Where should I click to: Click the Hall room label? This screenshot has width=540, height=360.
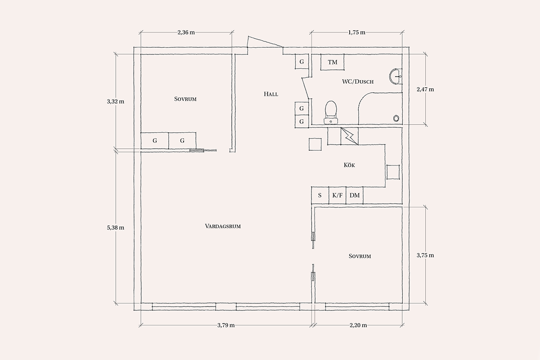[x=271, y=94]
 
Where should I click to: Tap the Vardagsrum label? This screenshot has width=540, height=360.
[x=223, y=226]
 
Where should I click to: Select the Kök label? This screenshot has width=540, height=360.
[x=349, y=165]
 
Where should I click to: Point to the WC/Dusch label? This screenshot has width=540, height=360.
[x=358, y=81]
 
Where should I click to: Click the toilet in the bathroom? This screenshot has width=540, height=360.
[x=331, y=112]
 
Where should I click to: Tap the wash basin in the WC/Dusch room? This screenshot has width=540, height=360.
[x=396, y=76]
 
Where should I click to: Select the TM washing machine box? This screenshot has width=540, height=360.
[x=332, y=62]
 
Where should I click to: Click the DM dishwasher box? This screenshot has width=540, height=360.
[x=355, y=195]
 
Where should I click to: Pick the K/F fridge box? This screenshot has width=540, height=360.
[x=337, y=195]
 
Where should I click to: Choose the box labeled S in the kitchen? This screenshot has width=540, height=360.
[x=320, y=195]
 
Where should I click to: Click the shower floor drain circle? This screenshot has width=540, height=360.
[x=396, y=118]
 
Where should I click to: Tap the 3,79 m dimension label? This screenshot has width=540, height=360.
[x=226, y=325]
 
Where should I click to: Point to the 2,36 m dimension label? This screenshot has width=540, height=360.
[x=186, y=32]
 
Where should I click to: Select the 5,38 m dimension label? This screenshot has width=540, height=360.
[x=116, y=228]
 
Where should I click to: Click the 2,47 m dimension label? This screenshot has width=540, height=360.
[x=425, y=90]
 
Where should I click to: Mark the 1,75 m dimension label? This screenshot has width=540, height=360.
[x=356, y=32]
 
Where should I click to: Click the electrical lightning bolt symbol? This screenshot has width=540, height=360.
[x=349, y=136]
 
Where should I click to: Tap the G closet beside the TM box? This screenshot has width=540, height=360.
[x=301, y=62]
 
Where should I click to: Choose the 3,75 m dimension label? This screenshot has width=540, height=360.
[x=425, y=255]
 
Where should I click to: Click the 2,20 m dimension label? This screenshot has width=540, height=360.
[x=358, y=325]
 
